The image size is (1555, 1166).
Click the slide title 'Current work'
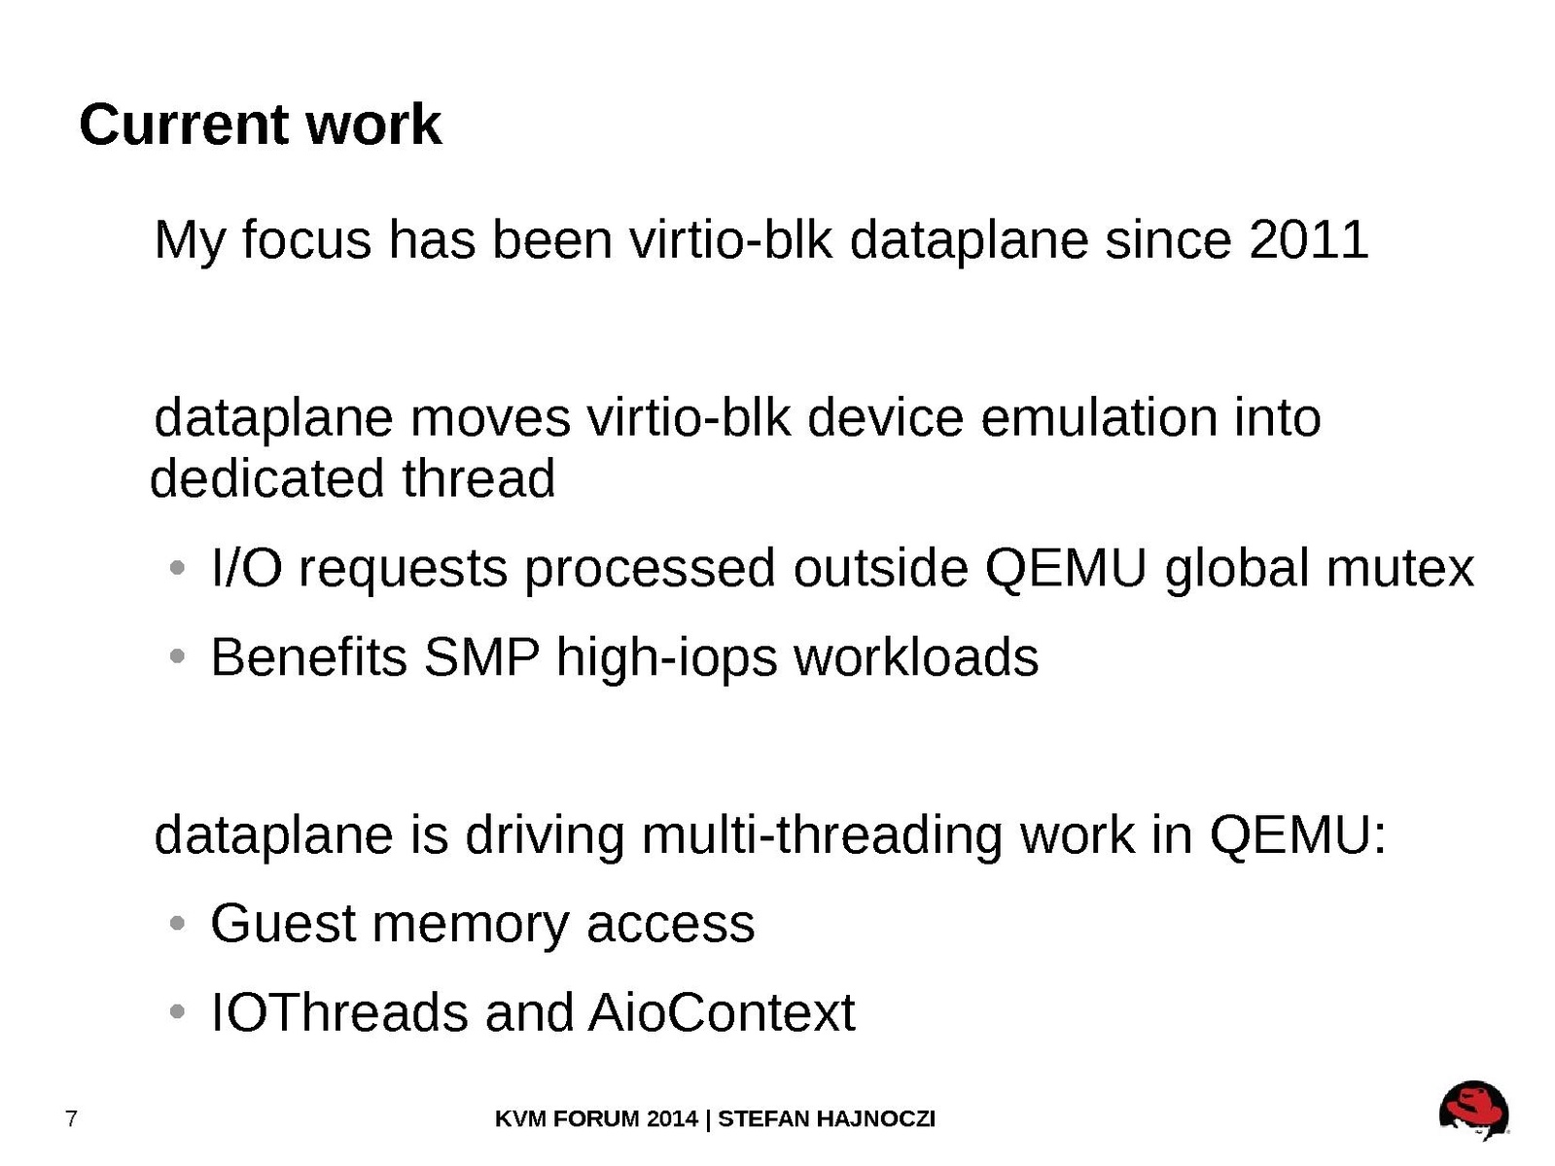(260, 124)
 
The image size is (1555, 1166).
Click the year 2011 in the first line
(1308, 240)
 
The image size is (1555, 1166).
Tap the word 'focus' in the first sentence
(306, 240)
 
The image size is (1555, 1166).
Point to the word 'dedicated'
(267, 478)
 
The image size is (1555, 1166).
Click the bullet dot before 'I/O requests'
(178, 567)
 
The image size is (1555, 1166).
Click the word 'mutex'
(1399, 568)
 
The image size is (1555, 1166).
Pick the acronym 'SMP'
(481, 657)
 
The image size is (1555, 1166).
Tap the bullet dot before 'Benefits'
(178, 656)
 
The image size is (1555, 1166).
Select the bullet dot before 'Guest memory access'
(178, 923)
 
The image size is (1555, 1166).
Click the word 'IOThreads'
(339, 1012)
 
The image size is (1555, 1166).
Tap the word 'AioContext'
(722, 1012)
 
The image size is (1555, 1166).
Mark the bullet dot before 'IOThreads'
(178, 1011)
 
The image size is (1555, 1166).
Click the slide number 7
(71, 1118)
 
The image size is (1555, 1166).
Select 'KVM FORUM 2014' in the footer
(596, 1118)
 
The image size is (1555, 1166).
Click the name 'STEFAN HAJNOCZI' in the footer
(826, 1118)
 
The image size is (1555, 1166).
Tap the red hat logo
(1473, 1110)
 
